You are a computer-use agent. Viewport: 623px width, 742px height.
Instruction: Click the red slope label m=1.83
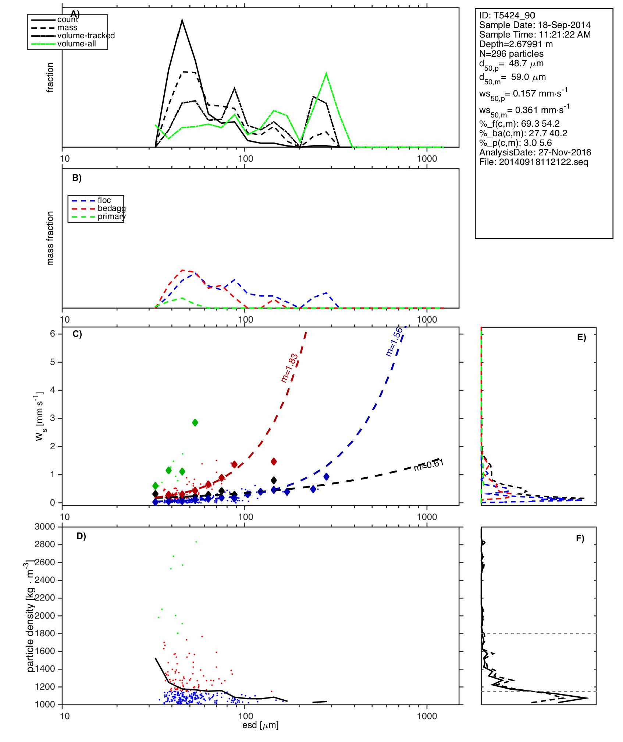[x=289, y=368]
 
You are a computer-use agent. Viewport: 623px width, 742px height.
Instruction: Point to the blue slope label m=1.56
[x=394, y=342]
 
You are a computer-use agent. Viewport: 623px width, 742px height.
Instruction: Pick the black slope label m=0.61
[x=428, y=465]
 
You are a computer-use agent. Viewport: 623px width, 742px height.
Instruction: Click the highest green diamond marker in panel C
[x=195, y=422]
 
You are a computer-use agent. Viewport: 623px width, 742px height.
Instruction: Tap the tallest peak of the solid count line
[x=182, y=20]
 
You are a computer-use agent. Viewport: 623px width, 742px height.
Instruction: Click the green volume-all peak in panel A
[x=326, y=74]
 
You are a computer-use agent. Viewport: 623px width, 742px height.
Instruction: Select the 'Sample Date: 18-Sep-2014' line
[x=535, y=25]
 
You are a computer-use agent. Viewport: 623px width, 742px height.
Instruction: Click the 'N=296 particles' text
[x=511, y=54]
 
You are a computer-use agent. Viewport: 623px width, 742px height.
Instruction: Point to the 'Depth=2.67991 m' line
[x=516, y=44]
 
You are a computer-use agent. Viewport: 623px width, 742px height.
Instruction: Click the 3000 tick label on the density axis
[x=44, y=527]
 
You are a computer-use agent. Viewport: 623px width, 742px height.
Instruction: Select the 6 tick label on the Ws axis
[x=53, y=334]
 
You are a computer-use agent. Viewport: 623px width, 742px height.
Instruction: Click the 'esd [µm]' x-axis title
[x=260, y=725]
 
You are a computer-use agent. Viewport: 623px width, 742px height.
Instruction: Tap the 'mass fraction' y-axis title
[x=50, y=238]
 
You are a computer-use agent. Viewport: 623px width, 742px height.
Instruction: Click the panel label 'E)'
[x=581, y=338]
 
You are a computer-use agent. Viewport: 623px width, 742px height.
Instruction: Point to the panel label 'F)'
[x=580, y=538]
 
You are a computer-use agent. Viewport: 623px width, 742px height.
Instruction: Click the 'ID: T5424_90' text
[x=507, y=15]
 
